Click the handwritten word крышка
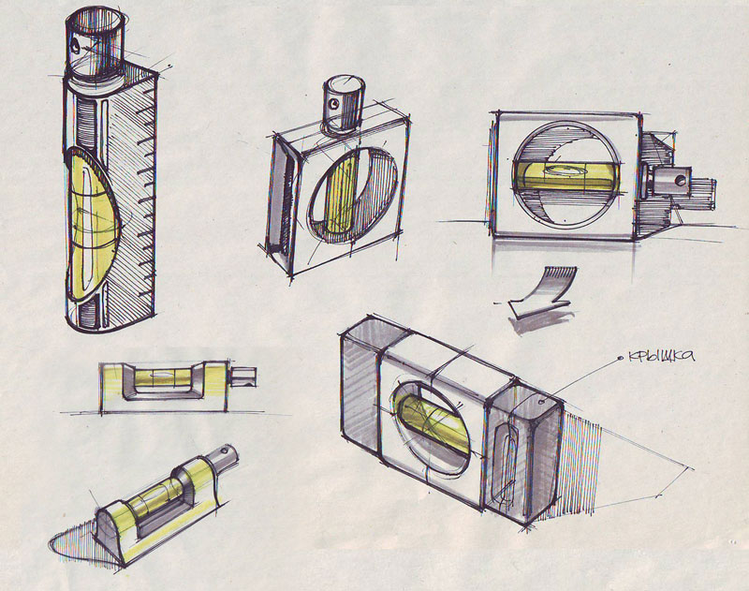coord(661,356)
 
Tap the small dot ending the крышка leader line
coord(621,359)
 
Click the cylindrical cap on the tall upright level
coord(96,42)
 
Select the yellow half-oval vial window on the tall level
coord(91,224)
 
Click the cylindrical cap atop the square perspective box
coord(343,103)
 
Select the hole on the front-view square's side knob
coord(681,180)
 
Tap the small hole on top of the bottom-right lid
coord(541,402)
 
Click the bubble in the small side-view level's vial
coord(161,375)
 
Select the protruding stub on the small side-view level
coord(242,376)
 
